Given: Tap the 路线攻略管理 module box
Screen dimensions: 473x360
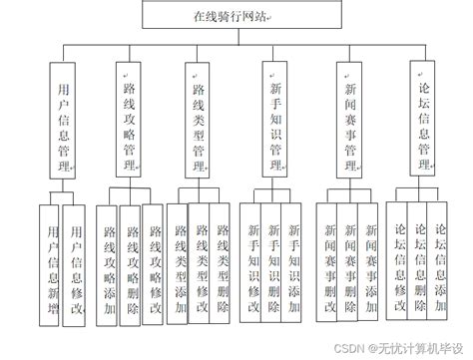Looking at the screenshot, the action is (x=128, y=117).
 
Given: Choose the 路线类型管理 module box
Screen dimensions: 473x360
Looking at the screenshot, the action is (x=199, y=117).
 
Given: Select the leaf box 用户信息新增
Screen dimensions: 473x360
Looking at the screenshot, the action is (x=50, y=262).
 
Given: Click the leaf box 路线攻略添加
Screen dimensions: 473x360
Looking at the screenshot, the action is (x=108, y=262).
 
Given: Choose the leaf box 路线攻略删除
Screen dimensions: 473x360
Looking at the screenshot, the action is (x=130, y=262).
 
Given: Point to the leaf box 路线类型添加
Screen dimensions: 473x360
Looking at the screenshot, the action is (x=179, y=262).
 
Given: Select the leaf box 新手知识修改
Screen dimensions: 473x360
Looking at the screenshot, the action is (x=251, y=262).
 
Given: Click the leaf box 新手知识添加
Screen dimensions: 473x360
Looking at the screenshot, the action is (x=292, y=262).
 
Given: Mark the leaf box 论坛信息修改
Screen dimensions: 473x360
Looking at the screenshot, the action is (x=398, y=262).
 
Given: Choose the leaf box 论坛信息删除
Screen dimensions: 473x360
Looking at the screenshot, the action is (x=420, y=262).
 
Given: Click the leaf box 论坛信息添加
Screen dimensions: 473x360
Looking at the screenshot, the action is (x=443, y=262).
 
